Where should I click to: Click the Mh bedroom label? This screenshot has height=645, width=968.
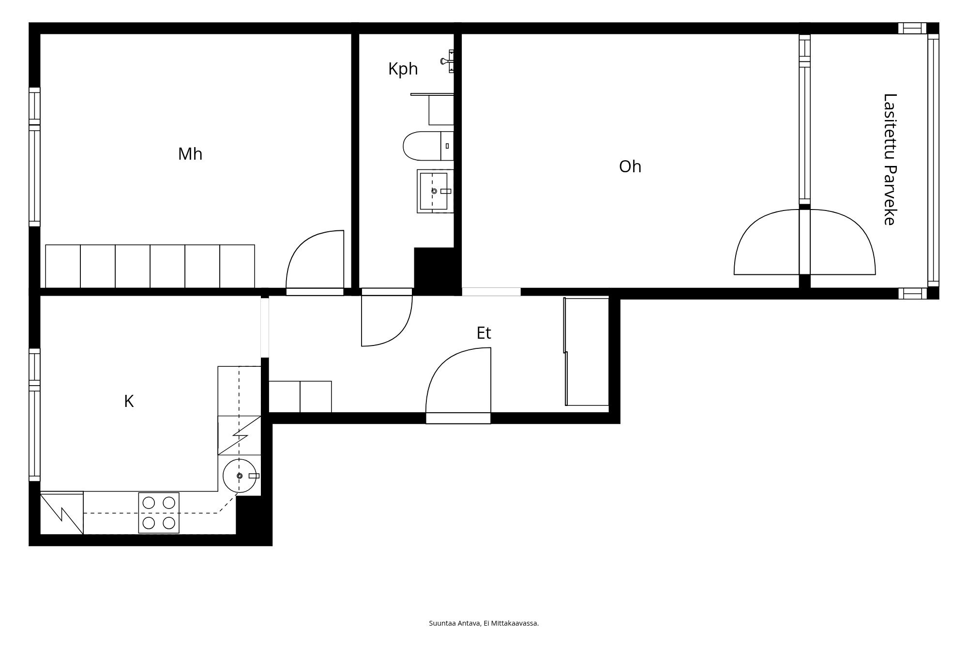[190, 154]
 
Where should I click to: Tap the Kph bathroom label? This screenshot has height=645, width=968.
[403, 69]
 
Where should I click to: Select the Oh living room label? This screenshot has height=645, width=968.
[630, 166]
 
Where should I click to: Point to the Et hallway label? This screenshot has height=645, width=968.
[484, 333]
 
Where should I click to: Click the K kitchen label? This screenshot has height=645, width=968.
[129, 401]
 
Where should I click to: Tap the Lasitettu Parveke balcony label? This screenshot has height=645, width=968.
[890, 159]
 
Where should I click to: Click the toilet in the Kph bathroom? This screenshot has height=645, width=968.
[428, 146]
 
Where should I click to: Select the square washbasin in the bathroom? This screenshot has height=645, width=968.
[435, 191]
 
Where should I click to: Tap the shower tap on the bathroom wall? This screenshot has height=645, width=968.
[448, 61]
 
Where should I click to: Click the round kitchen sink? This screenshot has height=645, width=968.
[240, 476]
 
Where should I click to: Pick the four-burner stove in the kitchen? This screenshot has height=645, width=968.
[159, 513]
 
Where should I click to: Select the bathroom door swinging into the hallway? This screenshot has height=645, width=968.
[397, 331]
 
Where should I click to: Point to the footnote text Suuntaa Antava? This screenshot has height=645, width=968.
[454, 623]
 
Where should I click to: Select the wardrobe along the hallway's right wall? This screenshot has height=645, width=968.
[587, 352]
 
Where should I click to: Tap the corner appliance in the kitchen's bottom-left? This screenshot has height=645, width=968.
[62, 513]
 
